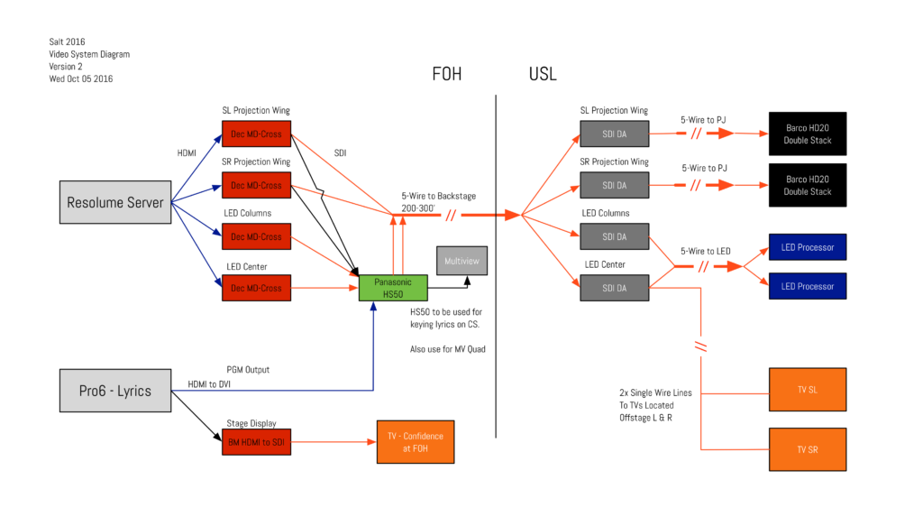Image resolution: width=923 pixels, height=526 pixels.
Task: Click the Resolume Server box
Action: tap(115, 202)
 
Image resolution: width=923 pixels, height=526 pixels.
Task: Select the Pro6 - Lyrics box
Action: tap(115, 391)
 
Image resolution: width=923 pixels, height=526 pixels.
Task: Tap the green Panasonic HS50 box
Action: tap(393, 288)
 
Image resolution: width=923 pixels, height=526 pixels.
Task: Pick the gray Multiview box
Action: tap(461, 261)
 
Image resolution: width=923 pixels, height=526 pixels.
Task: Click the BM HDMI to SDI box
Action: tap(256, 442)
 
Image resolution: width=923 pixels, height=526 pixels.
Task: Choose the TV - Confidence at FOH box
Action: tap(415, 442)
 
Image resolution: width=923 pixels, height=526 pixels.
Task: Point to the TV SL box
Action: tap(808, 390)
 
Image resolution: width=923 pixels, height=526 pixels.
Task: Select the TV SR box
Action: tap(808, 449)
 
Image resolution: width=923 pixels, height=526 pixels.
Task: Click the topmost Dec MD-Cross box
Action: tap(256, 134)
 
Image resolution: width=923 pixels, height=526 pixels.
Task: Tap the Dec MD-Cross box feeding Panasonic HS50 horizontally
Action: tap(256, 288)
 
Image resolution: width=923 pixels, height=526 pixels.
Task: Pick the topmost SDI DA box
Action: tap(614, 134)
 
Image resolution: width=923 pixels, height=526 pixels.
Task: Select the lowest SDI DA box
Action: tap(614, 288)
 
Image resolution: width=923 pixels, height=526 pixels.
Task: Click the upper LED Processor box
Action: tap(808, 247)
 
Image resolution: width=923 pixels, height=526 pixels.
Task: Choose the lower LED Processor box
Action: tap(808, 286)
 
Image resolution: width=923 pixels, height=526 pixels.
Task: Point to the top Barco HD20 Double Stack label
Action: tap(808, 134)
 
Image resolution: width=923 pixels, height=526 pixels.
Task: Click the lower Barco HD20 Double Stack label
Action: tap(808, 185)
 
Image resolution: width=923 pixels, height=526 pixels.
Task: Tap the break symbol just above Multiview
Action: tap(451, 216)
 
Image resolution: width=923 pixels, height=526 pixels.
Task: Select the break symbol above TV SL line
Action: tap(700, 346)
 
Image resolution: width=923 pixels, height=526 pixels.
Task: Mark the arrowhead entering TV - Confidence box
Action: tap(370, 442)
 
